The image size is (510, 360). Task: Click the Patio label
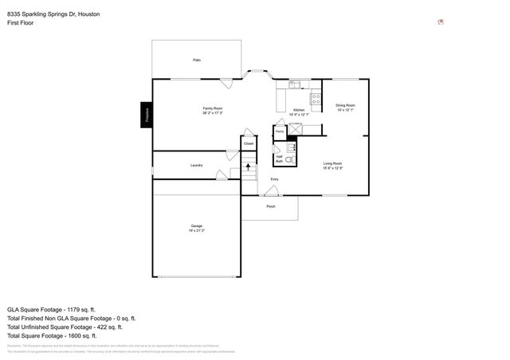click(196, 60)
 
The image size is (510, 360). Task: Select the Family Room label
click(212, 110)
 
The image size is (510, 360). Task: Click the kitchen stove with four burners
click(316, 100)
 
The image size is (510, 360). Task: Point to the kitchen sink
click(294, 84)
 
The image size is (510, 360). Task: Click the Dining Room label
click(345, 107)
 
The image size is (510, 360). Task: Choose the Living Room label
click(332, 166)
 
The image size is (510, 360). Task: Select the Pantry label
click(280, 130)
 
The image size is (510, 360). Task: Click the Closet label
click(249, 143)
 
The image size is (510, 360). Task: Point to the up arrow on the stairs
click(249, 167)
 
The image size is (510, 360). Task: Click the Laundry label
click(196, 165)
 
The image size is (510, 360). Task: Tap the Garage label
click(196, 228)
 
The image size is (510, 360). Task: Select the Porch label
click(270, 205)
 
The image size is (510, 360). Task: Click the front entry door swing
click(268, 190)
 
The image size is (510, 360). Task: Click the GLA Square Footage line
click(51, 308)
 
